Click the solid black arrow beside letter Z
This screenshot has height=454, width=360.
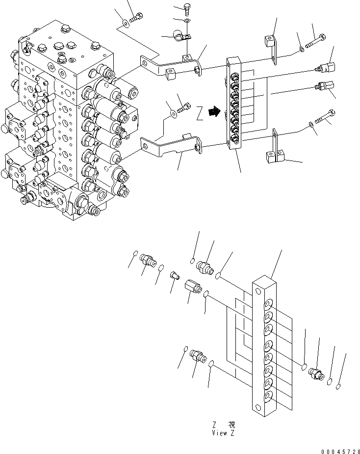(213, 112)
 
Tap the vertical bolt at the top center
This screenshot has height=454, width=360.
(187, 8)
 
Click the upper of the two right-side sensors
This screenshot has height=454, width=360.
(326, 67)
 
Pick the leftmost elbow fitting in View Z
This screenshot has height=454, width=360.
(148, 260)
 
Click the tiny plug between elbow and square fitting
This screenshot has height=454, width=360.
(173, 276)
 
